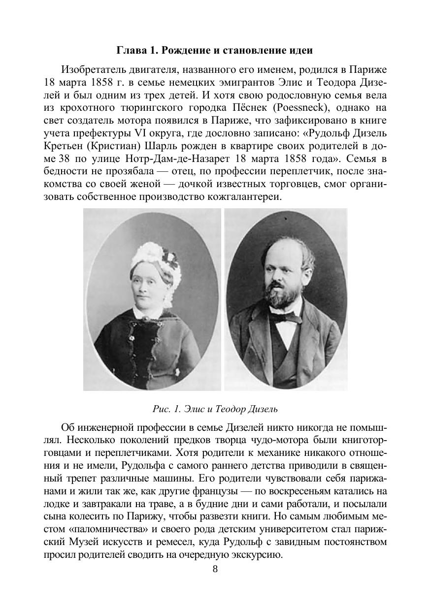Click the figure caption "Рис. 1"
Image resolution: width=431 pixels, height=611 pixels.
pyautogui.click(x=166, y=409)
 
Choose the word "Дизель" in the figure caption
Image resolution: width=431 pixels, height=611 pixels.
pyautogui.click(x=265, y=409)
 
